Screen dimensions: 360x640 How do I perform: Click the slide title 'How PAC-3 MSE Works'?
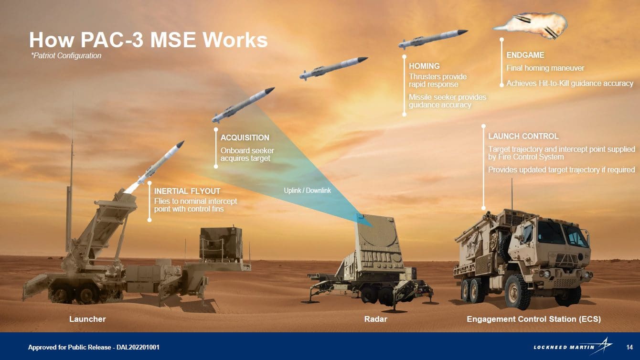click(x=148, y=40)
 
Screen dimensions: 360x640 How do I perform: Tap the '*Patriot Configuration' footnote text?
click(x=66, y=56)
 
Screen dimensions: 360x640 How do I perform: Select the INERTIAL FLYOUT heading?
click(x=187, y=191)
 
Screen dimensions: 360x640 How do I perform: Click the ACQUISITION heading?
click(x=245, y=138)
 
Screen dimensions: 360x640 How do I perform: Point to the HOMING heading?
click(x=424, y=66)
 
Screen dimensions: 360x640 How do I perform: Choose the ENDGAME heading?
click(x=525, y=55)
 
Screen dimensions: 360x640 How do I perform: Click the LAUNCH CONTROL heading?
click(x=523, y=136)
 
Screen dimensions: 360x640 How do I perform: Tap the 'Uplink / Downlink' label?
click(x=307, y=191)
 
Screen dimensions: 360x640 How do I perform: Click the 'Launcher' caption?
click(x=87, y=319)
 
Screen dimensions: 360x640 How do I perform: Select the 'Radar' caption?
click(x=375, y=319)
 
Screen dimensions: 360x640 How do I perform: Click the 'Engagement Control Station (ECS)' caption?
click(x=533, y=319)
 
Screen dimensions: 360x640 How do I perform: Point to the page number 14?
click(x=629, y=347)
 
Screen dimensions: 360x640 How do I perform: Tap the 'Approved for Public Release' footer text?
click(x=94, y=347)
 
